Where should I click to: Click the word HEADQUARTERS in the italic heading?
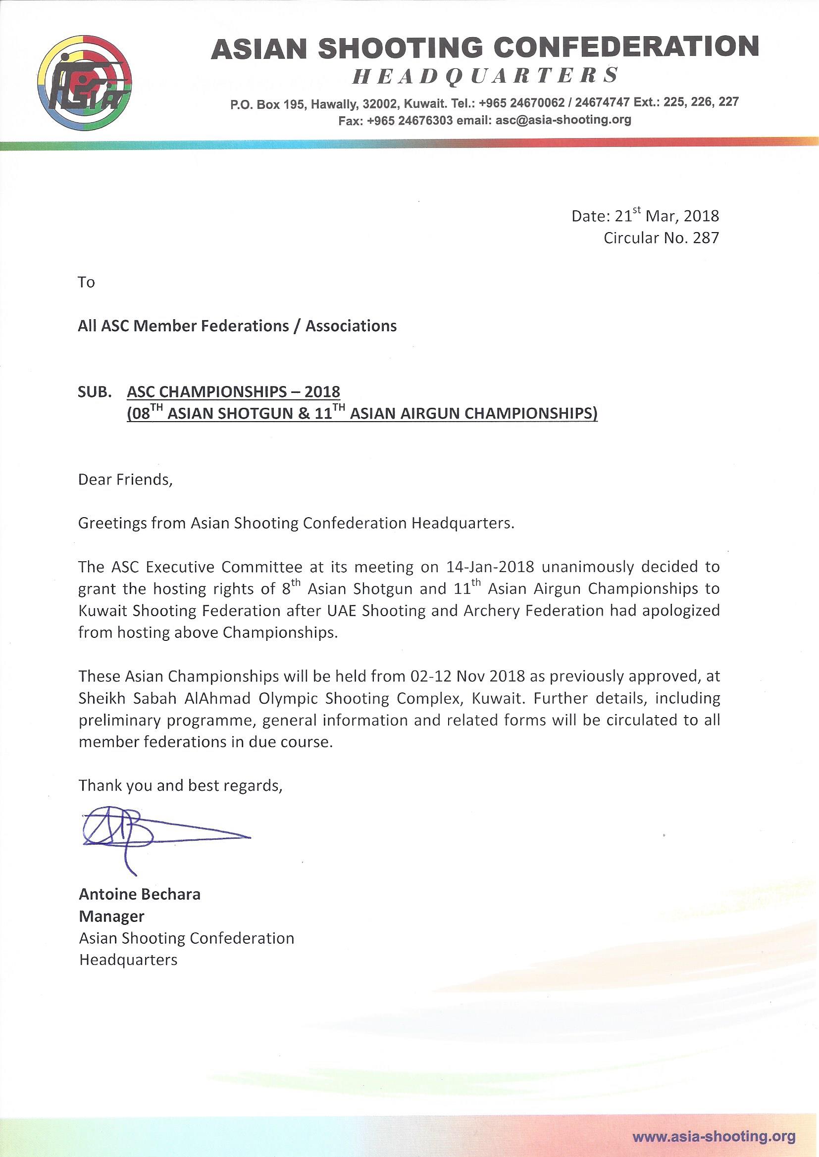click(484, 76)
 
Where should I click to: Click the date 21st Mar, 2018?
click(666, 216)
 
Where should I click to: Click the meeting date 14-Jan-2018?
click(490, 567)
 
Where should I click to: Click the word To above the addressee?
click(86, 282)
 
